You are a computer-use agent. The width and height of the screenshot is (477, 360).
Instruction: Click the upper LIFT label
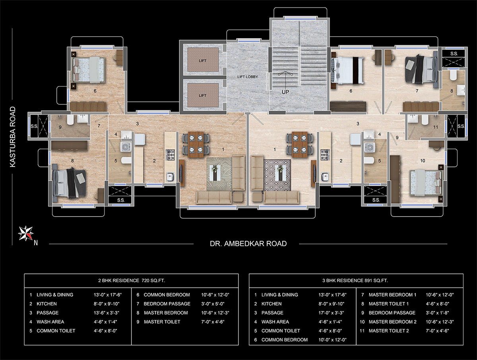(x=202, y=60)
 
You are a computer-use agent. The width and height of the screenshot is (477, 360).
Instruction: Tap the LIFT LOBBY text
(x=248, y=77)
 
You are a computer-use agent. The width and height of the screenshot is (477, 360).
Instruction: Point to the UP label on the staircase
(x=285, y=92)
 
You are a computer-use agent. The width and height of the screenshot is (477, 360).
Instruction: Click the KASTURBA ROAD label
(x=13, y=137)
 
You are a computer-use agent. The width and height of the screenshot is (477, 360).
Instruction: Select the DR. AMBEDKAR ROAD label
(x=248, y=244)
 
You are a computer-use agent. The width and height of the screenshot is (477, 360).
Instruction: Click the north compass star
(x=26, y=233)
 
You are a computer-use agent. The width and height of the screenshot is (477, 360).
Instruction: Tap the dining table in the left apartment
(x=196, y=144)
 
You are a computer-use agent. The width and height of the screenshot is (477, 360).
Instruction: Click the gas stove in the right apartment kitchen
(x=324, y=155)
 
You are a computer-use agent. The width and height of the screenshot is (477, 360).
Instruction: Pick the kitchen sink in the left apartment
(x=170, y=177)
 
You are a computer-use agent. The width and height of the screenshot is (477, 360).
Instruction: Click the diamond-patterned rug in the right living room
(x=277, y=175)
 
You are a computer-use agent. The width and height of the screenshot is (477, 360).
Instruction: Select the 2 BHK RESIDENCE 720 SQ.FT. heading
(x=132, y=281)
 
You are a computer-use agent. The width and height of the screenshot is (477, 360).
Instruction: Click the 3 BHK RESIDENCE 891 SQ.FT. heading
(x=355, y=281)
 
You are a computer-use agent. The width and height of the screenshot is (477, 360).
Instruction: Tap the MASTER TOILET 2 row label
(x=388, y=331)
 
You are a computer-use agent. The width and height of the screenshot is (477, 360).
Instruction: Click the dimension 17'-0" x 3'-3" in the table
(x=331, y=313)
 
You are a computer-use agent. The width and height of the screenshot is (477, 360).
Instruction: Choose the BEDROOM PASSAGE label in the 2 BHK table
(x=167, y=304)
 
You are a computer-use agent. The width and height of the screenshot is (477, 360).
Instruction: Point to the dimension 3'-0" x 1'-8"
(x=437, y=313)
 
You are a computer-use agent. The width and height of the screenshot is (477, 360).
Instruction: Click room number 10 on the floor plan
(x=423, y=161)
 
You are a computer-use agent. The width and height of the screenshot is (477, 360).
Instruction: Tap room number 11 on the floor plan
(x=436, y=127)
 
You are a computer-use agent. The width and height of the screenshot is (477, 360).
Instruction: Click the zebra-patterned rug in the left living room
(x=219, y=174)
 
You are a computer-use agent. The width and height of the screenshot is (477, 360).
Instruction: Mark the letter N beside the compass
(x=36, y=243)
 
